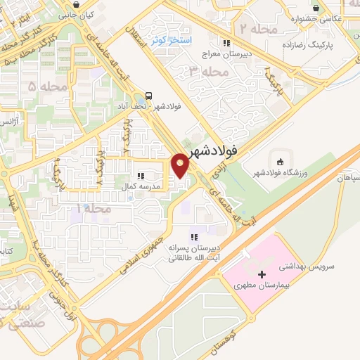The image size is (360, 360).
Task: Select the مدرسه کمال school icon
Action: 141,175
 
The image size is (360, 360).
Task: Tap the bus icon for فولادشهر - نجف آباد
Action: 149,95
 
